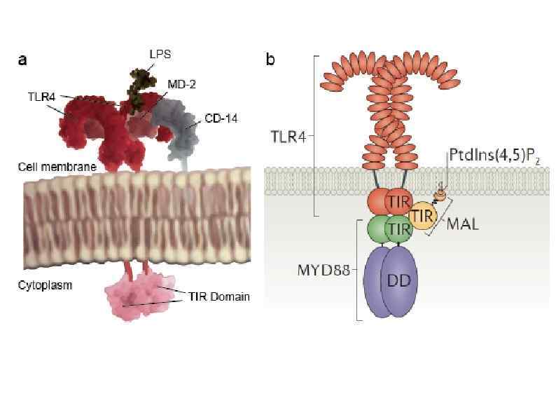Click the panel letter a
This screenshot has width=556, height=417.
(22, 60)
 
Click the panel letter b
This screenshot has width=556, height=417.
(270, 60)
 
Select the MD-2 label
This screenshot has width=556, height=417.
(181, 85)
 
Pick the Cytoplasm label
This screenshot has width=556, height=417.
(45, 286)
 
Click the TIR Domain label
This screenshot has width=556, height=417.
(218, 297)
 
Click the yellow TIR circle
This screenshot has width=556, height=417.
(422, 217)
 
